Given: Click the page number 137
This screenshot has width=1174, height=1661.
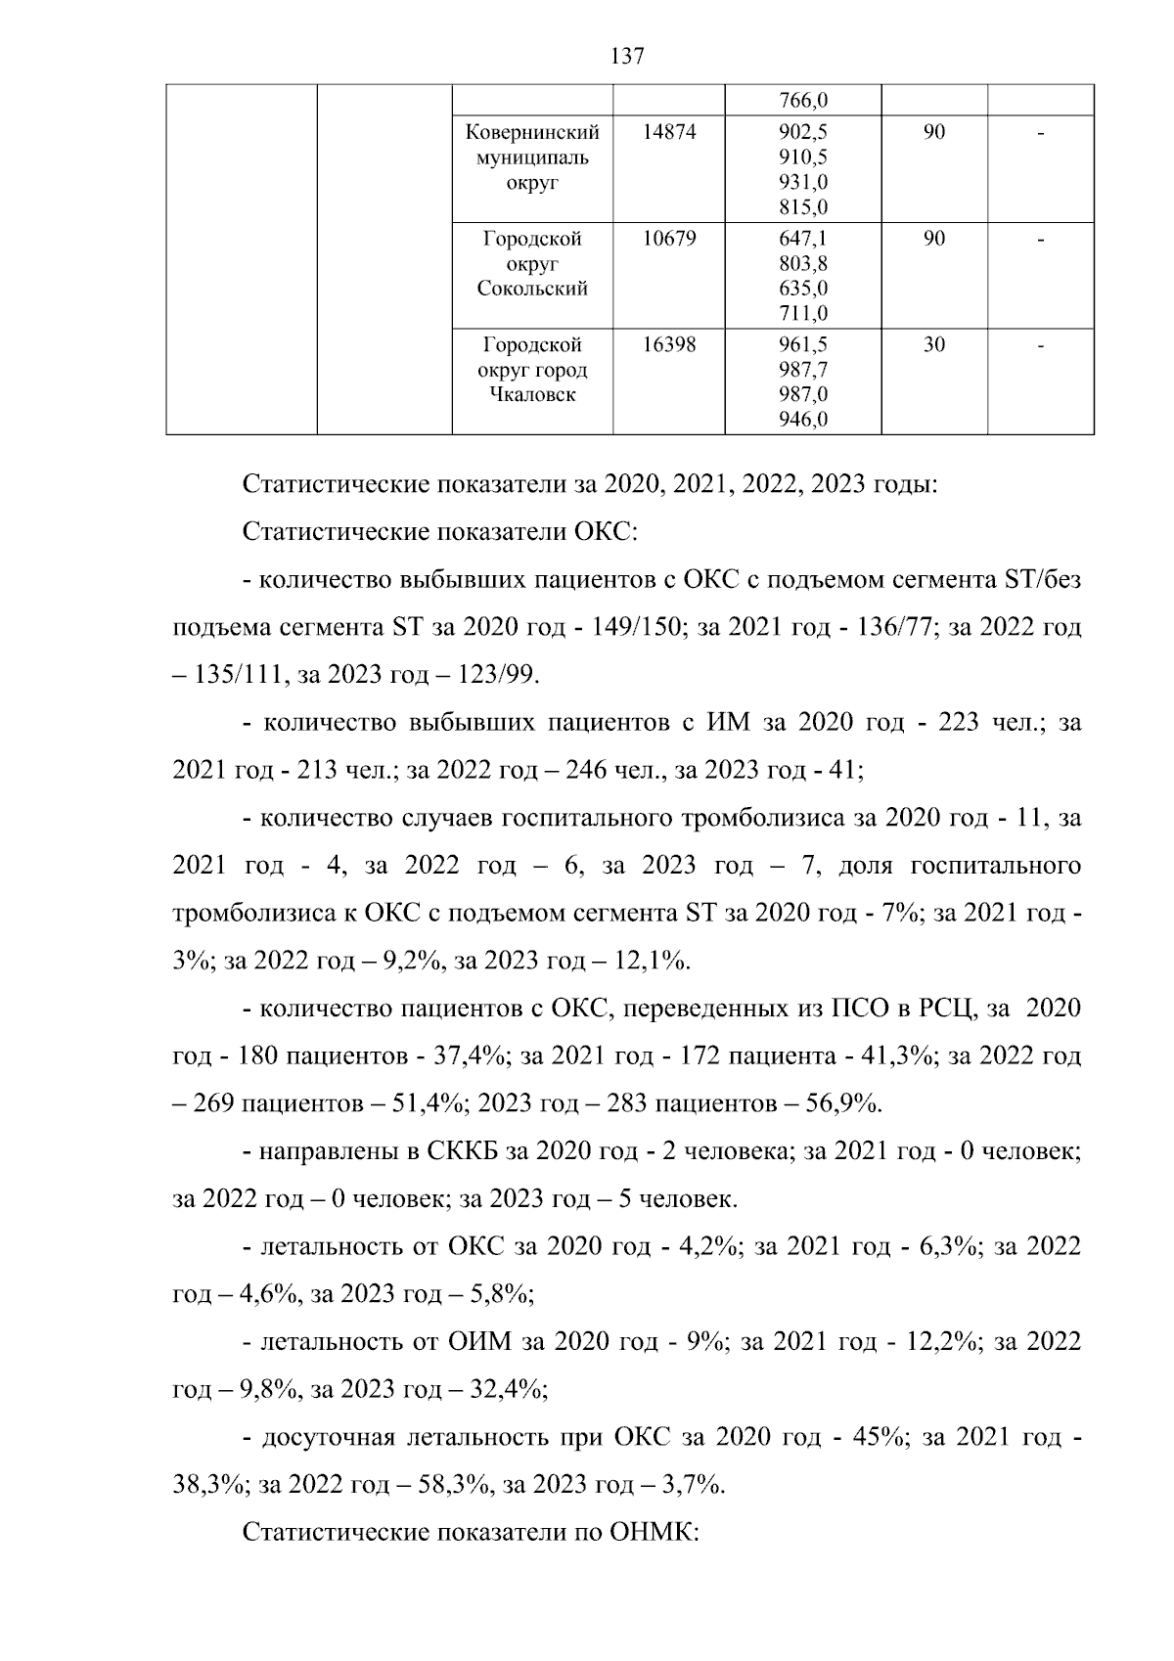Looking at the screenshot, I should click(x=627, y=56).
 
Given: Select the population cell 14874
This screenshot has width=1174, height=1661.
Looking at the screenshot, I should click(x=669, y=131).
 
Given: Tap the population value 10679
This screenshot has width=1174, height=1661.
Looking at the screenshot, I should click(x=669, y=238).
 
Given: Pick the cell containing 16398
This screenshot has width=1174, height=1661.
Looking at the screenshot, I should click(x=669, y=344).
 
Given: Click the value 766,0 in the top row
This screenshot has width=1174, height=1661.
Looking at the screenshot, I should click(x=803, y=101).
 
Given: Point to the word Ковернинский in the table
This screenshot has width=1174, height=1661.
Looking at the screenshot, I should click(x=532, y=131).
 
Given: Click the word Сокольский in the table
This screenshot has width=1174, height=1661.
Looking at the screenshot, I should click(x=532, y=289).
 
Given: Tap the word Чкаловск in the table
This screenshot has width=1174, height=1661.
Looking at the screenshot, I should click(x=532, y=395).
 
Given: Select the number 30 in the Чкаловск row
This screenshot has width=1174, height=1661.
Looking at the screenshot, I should click(x=933, y=344).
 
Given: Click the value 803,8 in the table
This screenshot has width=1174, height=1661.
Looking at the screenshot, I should click(x=803, y=263).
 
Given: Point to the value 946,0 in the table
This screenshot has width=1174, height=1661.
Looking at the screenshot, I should click(x=803, y=421).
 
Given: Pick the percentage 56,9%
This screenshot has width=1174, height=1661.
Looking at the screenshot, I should click(x=842, y=1103).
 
